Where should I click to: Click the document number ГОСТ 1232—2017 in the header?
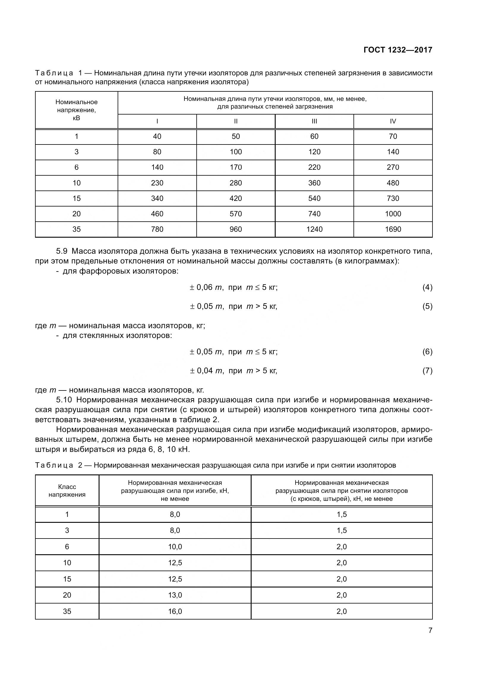point(398,50)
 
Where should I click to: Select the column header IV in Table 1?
point(393,121)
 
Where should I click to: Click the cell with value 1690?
point(393,229)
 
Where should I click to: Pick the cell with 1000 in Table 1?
point(393,214)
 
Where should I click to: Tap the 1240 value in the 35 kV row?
point(314,229)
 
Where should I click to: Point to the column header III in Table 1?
point(314,121)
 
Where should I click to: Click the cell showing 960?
point(236,229)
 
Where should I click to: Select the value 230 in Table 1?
point(157,183)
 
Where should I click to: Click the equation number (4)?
point(427,287)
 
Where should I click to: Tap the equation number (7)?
point(427,371)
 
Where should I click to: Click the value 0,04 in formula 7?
point(205,371)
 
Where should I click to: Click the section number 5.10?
point(64,400)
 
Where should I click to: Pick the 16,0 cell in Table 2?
point(175,612)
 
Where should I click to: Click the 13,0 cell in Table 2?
point(175,595)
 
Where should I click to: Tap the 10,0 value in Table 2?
point(175,547)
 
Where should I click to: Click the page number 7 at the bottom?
point(430,631)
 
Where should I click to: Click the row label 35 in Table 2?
point(67,612)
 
